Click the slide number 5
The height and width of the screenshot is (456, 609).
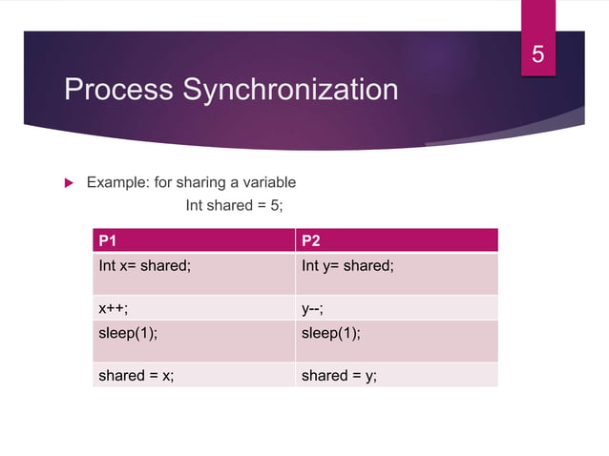[x=538, y=55]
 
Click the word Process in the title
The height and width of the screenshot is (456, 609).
[x=119, y=90]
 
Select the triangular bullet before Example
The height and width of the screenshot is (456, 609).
[x=68, y=182]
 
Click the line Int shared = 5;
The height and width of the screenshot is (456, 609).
[x=235, y=205]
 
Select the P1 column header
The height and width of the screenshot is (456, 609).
[x=108, y=239]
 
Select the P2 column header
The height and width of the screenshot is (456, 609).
[x=311, y=239]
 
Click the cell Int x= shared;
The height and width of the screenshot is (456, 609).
[x=144, y=266]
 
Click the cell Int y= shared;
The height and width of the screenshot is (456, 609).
[x=347, y=266]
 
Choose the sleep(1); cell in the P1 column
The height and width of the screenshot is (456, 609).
[x=128, y=333]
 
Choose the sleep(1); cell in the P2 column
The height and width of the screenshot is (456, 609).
[x=331, y=333]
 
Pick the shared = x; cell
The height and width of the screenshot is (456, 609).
[x=136, y=376]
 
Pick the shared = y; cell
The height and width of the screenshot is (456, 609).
[x=339, y=376]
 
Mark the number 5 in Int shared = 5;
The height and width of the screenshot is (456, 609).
[x=277, y=205]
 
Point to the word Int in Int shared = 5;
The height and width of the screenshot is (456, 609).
[x=195, y=205]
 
